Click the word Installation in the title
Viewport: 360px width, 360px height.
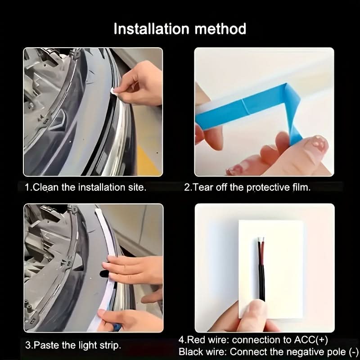point(152,29)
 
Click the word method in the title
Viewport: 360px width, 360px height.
point(220,29)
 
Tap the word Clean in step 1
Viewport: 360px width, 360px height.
point(46,187)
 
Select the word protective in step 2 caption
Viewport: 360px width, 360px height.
point(268,188)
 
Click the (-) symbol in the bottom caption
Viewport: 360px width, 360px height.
point(354,352)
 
